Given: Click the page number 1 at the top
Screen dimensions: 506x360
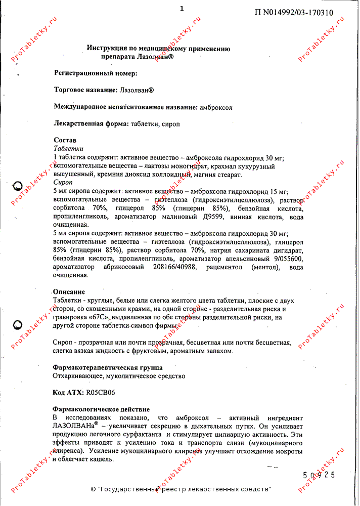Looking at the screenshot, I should (x=182, y=8).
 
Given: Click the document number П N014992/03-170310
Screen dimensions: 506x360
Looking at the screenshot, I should (x=294, y=13).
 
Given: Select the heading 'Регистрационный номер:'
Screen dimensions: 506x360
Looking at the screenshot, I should (x=96, y=73).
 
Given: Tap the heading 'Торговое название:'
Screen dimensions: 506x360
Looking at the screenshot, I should (x=86, y=90).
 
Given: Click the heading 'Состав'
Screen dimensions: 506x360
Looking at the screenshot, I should (x=65, y=140).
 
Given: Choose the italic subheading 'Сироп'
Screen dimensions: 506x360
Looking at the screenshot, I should (x=63, y=182).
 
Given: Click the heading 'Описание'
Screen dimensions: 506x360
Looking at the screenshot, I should (x=69, y=292).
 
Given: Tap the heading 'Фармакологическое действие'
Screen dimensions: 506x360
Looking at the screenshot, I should (x=101, y=409).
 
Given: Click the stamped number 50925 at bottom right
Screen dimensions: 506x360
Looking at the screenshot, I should (x=319, y=475).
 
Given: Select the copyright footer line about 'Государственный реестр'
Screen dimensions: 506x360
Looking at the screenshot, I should (x=181, y=489).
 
